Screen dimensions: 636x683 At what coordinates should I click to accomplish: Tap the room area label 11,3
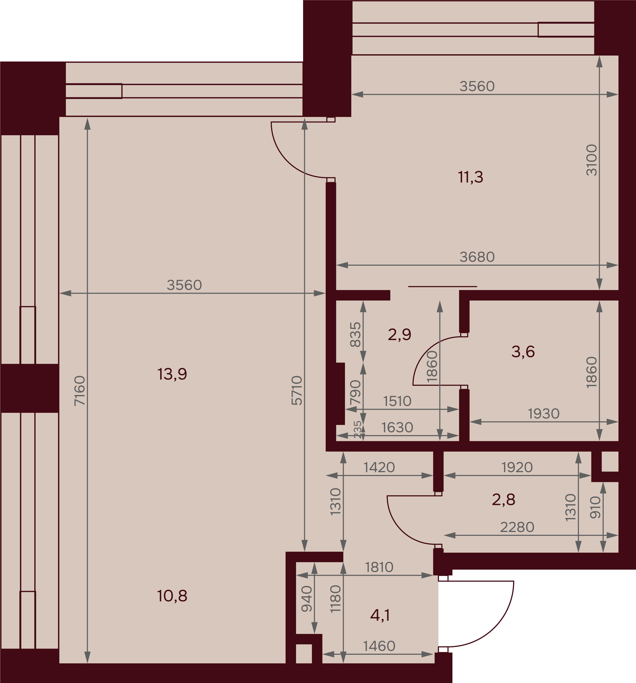(x=471, y=177)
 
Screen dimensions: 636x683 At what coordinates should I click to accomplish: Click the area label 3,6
(x=523, y=352)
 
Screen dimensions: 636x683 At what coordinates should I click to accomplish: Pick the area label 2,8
(x=503, y=500)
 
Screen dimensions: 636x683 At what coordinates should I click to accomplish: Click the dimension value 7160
(x=80, y=391)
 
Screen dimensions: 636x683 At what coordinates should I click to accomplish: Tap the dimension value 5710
(x=297, y=391)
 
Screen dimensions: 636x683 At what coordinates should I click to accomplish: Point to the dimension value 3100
(x=592, y=161)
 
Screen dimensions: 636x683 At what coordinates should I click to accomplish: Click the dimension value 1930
(x=544, y=414)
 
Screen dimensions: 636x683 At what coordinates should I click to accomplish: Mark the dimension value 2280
(x=517, y=527)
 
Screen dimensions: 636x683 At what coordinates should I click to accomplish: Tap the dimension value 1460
(x=379, y=646)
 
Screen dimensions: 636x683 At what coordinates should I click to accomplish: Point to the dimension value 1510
(x=397, y=401)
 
